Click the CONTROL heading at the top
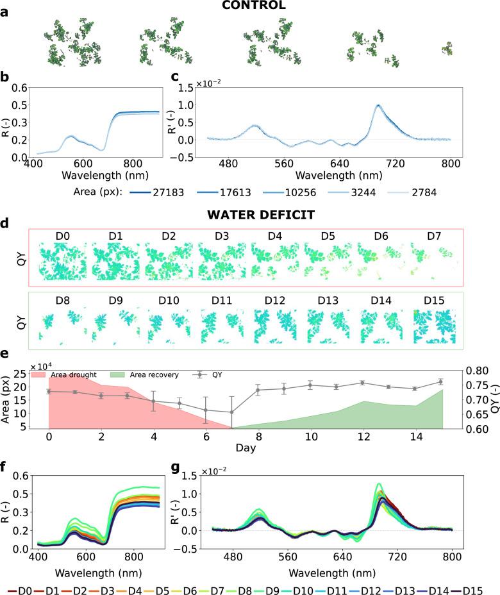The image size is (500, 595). (x=250, y=6)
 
